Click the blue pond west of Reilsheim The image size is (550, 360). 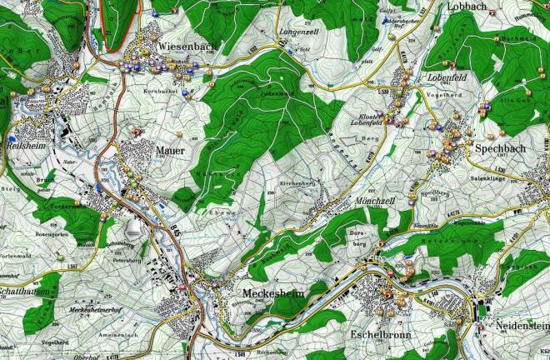13,137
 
